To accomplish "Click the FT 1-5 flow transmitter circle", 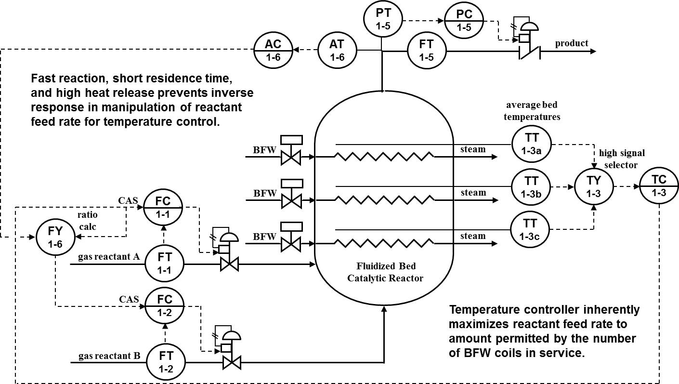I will coord(426,51).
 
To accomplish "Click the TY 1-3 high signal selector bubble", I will coord(594,186).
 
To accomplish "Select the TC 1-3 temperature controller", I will coord(659,186).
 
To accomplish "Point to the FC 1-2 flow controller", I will coord(164,305).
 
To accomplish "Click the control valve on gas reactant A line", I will coord(229,264).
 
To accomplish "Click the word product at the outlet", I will coord(572,43).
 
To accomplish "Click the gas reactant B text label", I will coord(109,357).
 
